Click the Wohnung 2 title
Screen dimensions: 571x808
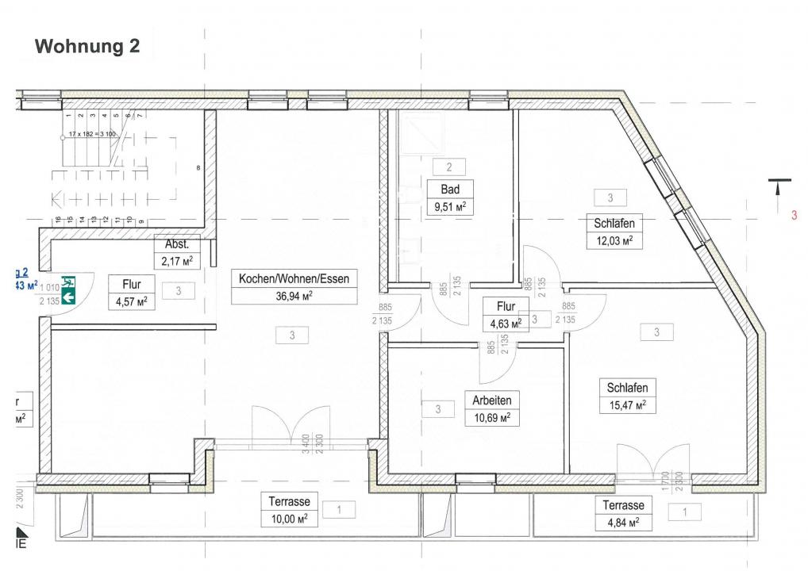[x=87, y=47]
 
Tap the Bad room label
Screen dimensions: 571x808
[x=449, y=190]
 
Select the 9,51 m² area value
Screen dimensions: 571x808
[x=449, y=208]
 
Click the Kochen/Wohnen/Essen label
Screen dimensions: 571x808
[x=294, y=278]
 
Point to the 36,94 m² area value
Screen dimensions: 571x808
[x=294, y=296]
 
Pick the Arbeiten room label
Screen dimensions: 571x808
[x=491, y=400]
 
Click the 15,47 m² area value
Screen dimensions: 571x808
[x=627, y=405]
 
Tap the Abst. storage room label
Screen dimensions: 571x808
[x=177, y=244]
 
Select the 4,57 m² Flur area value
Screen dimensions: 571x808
[x=132, y=301]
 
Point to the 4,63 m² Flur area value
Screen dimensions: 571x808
[x=506, y=323]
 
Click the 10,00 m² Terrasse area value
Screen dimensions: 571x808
[x=288, y=519]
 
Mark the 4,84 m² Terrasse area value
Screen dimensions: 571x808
[x=622, y=523]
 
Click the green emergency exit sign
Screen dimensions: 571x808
[x=68, y=289]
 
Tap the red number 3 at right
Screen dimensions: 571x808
[x=793, y=214]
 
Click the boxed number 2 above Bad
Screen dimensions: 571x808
[x=449, y=167]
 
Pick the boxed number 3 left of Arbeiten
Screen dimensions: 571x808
[x=438, y=409]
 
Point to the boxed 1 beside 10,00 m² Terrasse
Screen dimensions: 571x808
[x=340, y=510]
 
